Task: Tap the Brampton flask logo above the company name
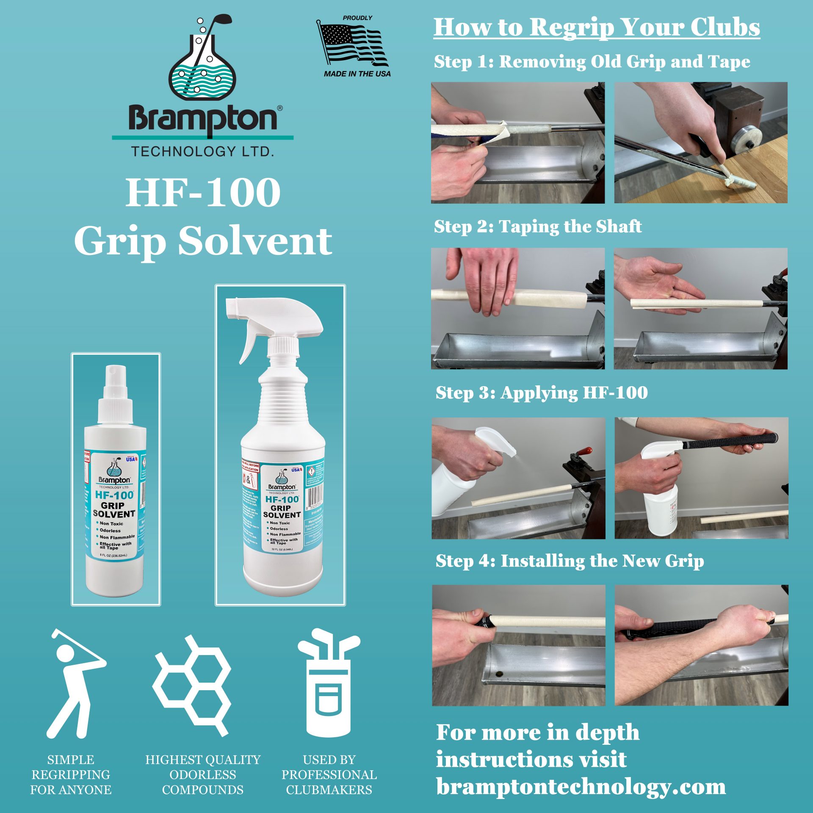202,59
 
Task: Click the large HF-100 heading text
203,193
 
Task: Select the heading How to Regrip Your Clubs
597,28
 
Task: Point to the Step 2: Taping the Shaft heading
537,227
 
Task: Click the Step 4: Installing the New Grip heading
570,561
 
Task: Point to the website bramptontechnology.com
581,787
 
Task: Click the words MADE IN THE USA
357,74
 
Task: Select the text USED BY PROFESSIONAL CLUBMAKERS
329,774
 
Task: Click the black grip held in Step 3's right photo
730,442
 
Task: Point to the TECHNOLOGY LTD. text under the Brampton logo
202,151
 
